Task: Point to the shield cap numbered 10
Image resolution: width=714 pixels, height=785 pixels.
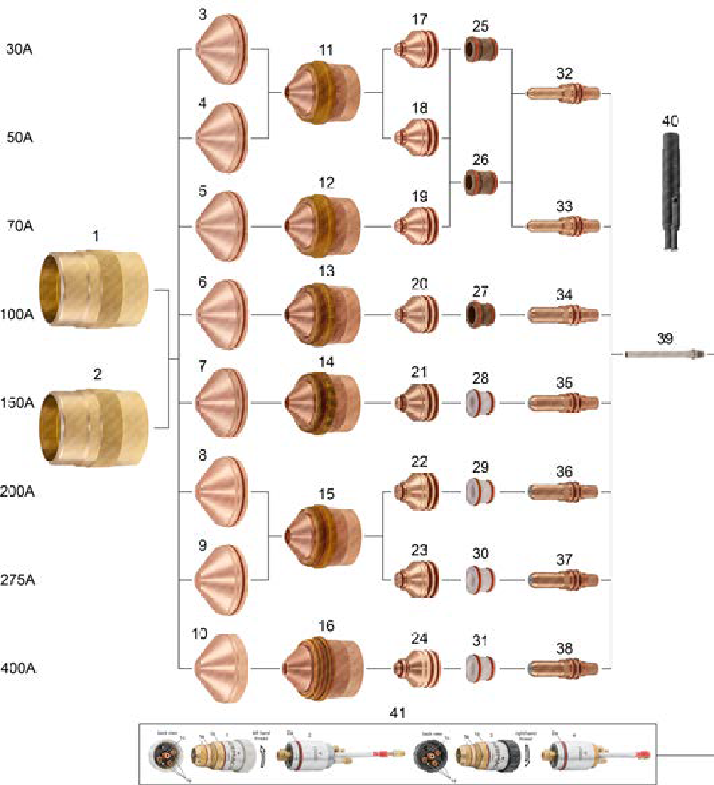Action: (x=222, y=667)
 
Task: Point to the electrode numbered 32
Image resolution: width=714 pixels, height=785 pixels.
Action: (x=564, y=94)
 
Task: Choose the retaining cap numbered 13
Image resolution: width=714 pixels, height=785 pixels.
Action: (x=323, y=315)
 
